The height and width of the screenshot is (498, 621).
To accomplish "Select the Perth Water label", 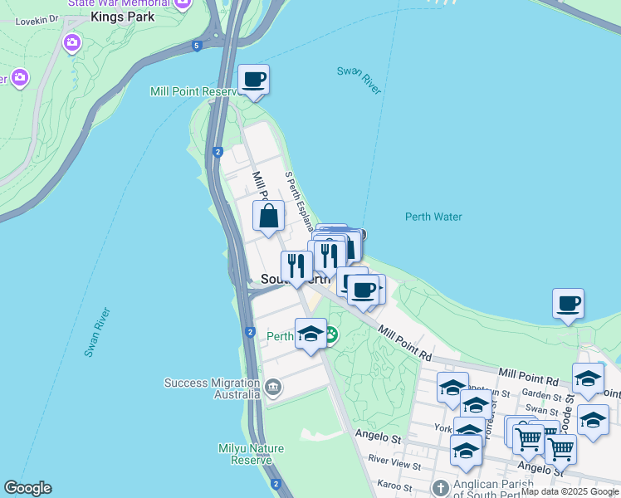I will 433,217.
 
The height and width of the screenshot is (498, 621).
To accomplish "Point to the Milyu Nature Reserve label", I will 252,454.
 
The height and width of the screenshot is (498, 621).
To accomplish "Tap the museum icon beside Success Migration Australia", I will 274,388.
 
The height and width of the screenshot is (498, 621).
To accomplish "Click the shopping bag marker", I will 269,217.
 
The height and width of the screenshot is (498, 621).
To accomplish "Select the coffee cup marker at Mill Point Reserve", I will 253,81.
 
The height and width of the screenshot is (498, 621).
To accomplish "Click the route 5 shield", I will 196,46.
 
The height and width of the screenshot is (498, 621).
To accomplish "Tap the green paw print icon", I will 330,336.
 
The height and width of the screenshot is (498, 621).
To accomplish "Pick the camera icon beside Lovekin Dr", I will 72,41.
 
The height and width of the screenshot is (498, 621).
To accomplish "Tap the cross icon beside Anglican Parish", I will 441,488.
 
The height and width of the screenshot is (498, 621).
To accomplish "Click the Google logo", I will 27,488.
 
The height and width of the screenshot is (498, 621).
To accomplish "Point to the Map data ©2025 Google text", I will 570,491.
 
